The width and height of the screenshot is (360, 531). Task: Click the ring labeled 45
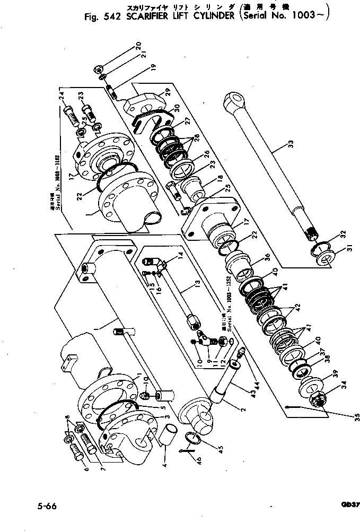pyautogui.click(x=194, y=438)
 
